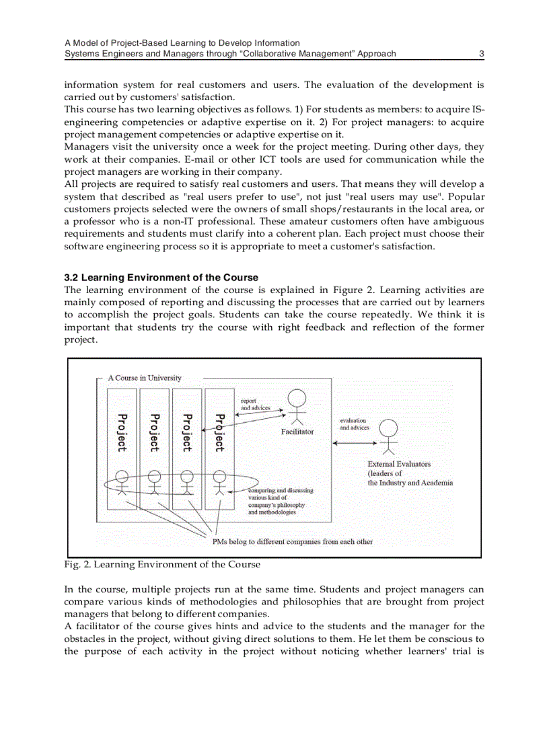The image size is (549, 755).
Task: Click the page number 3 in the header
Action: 481,54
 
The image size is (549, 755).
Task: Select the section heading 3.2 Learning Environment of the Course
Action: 161,278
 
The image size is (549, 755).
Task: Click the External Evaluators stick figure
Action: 388,436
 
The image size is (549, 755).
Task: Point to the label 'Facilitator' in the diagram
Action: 297,432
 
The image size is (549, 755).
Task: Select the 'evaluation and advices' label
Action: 355,424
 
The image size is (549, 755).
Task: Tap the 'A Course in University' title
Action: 145,379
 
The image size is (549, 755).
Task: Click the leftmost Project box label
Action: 122,432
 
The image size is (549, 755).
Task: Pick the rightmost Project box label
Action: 219,432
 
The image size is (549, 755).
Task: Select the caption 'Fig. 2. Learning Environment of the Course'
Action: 161,565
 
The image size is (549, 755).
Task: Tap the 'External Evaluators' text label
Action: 399,464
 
